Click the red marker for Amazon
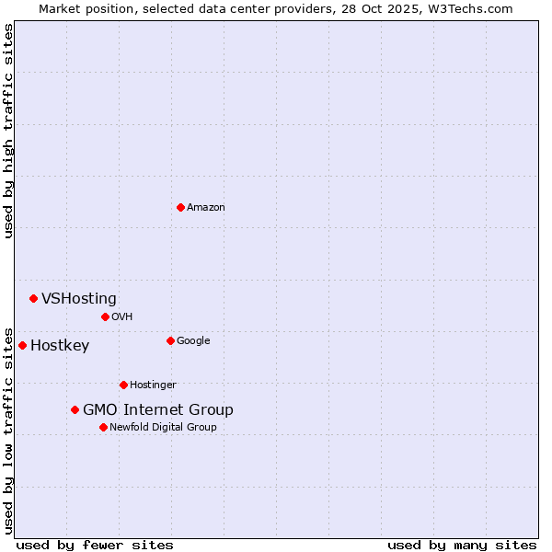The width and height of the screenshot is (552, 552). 180,207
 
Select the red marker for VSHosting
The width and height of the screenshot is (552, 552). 33,298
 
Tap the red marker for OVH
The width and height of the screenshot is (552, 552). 105,316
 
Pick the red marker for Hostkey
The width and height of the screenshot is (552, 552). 22,345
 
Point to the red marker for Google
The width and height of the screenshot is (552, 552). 170,340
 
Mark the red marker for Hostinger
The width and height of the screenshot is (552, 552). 123,385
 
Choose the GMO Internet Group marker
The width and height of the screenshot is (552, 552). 75,409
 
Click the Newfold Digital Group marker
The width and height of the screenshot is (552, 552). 103,427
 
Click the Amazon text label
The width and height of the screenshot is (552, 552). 206,208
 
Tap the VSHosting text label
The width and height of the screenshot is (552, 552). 79,298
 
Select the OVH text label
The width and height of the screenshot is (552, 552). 122,317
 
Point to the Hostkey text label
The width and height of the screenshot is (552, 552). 60,346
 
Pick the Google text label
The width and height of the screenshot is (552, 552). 193,341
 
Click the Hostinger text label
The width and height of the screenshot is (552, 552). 153,385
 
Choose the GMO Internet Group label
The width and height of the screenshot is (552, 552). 158,410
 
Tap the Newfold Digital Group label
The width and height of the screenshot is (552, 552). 163,428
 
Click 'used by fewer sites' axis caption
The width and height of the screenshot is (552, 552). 95,545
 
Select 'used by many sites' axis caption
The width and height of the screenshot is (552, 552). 462,545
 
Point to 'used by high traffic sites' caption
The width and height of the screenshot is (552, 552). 8,131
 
